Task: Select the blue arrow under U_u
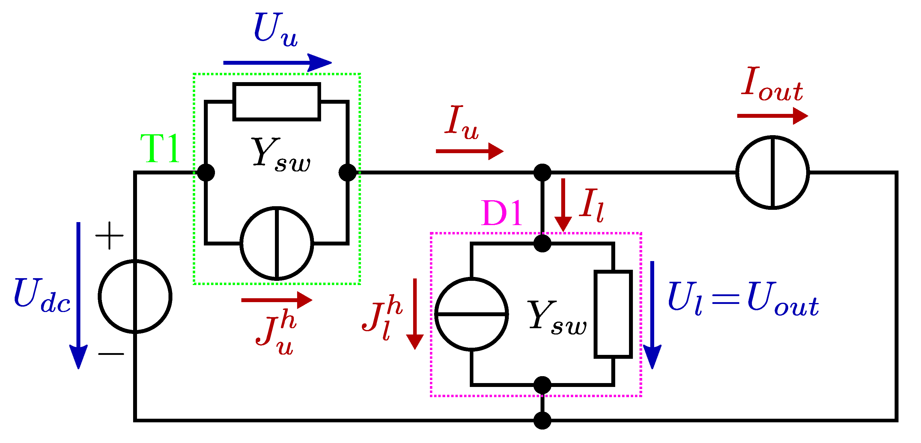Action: (277, 63)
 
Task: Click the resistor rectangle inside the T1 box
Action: (276, 102)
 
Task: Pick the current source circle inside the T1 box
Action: (277, 243)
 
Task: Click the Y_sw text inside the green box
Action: (281, 154)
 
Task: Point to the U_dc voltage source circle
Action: (135, 297)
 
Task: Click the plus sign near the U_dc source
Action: (109, 235)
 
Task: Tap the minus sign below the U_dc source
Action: (111, 354)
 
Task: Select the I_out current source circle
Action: (772, 172)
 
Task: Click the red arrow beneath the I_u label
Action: (469, 151)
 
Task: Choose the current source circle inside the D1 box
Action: (471, 314)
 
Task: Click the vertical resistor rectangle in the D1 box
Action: (613, 314)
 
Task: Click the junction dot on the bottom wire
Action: (542, 420)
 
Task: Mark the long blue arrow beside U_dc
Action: (78, 295)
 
